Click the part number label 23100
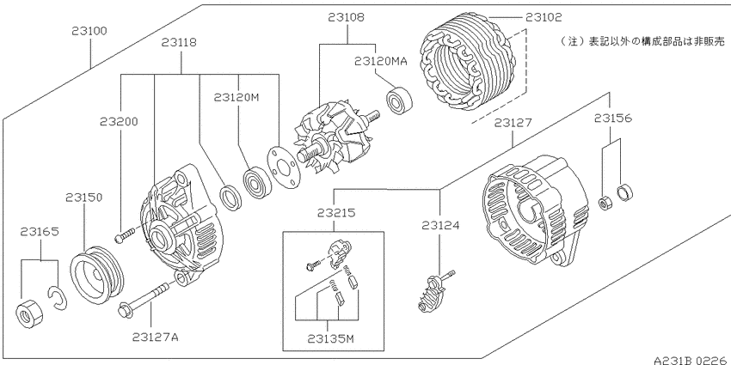[x=89, y=31]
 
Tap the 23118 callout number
[x=179, y=43]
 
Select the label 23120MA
[x=380, y=60]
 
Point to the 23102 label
[x=544, y=18]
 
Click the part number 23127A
[x=156, y=337]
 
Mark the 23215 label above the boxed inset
[x=336, y=213]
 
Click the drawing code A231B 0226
[x=691, y=360]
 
